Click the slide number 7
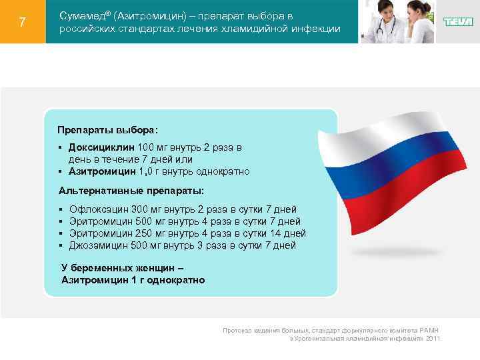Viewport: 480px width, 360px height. (x=23, y=22)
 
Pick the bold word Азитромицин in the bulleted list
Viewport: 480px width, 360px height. (x=101, y=171)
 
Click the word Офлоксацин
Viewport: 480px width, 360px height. (x=99, y=209)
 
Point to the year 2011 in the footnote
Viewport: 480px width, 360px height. (x=433, y=339)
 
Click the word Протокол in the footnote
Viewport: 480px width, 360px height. (x=237, y=331)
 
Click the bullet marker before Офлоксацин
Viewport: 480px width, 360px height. (x=60, y=209)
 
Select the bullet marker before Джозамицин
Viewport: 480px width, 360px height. (x=60, y=245)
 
